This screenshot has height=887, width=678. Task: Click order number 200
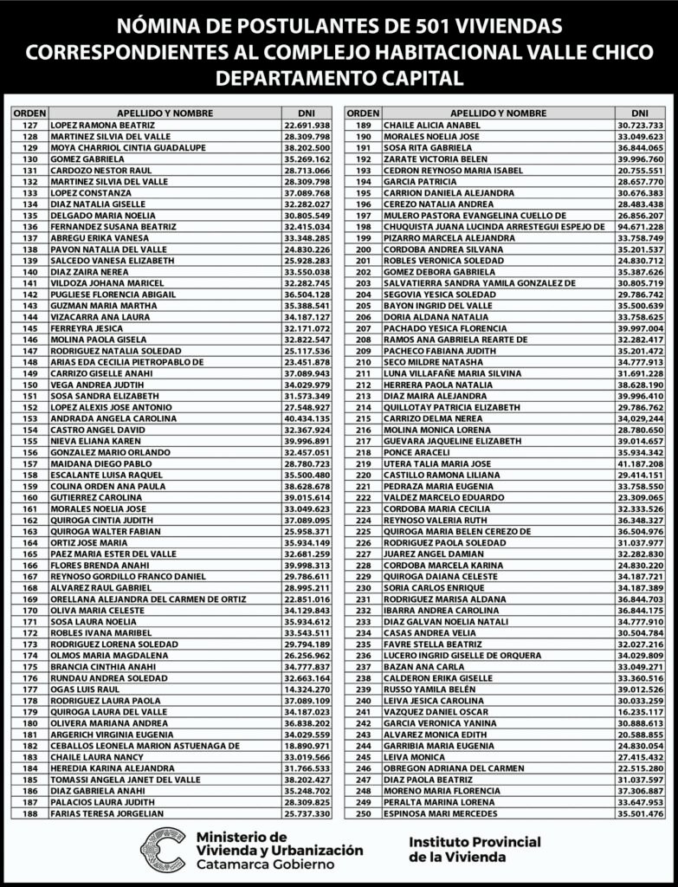pos(363,249)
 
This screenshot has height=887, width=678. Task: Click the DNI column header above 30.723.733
pos(640,113)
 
